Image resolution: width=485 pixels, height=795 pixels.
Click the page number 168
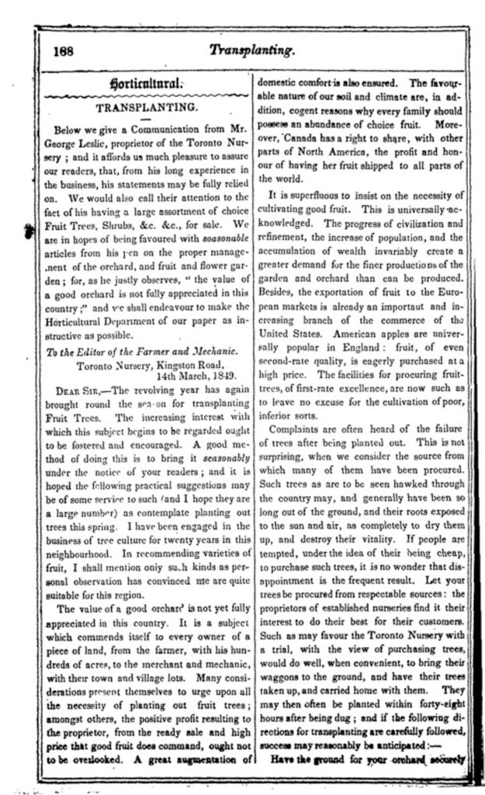click(64, 51)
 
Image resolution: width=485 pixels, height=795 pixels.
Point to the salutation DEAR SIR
click(83, 391)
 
